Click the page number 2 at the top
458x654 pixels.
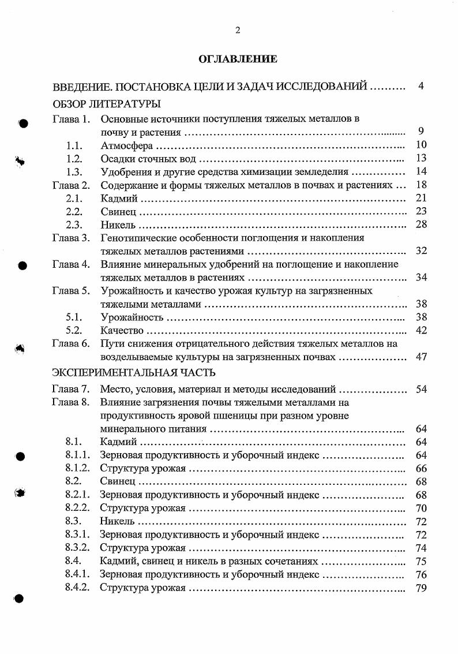[237, 31]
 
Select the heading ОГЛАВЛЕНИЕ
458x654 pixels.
[238, 59]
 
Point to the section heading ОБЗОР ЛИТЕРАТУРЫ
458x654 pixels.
[106, 104]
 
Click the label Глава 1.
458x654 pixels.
[71, 119]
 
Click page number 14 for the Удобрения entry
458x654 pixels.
[421, 171]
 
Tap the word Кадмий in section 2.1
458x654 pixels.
[119, 199]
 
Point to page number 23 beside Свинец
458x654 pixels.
[421, 211]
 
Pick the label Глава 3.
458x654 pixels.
[71, 238]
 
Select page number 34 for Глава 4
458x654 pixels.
[421, 278]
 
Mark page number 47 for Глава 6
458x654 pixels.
[421, 357]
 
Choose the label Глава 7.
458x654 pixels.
[71, 389]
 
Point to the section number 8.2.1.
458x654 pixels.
[77, 495]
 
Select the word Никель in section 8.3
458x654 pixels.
[117, 521]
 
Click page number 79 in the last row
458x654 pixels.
[421, 588]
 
